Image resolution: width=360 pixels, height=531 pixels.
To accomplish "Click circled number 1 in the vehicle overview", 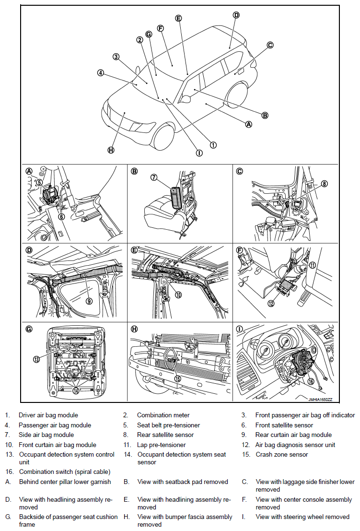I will [213, 144].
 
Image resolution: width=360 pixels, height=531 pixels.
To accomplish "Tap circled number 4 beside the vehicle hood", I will [100, 73].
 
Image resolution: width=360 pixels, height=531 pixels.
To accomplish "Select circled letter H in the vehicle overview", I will [111, 150].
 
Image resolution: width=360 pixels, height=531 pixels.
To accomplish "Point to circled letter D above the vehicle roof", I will [236, 15].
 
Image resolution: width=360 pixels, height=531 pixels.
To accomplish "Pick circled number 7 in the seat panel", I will [154, 177].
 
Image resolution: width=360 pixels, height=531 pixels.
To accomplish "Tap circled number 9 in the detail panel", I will [89, 301].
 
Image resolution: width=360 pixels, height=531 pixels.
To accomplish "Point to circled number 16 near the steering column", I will [311, 381].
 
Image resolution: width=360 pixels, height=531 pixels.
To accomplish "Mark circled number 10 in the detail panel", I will [178, 295].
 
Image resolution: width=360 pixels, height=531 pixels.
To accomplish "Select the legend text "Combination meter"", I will [163, 415].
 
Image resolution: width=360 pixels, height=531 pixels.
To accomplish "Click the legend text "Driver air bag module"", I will [48, 415].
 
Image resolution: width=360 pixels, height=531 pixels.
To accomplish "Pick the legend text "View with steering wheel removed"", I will [302, 517].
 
